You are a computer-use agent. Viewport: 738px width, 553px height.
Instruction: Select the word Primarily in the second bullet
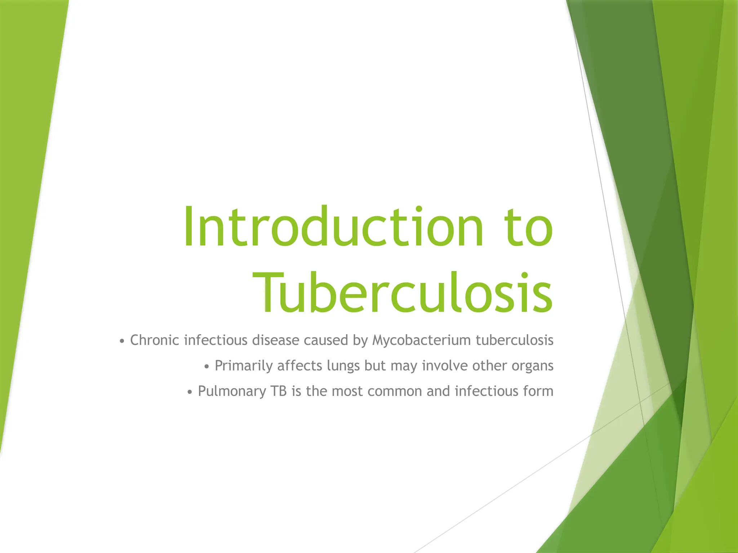(244, 366)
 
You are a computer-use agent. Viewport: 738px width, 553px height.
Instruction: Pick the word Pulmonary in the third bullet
(232, 391)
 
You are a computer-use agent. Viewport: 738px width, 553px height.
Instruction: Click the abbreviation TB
(279, 391)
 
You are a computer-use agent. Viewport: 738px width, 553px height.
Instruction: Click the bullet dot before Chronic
(122, 341)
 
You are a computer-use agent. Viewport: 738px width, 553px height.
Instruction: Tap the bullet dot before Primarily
(206, 367)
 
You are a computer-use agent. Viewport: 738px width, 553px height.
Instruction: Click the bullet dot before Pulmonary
(190, 392)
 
